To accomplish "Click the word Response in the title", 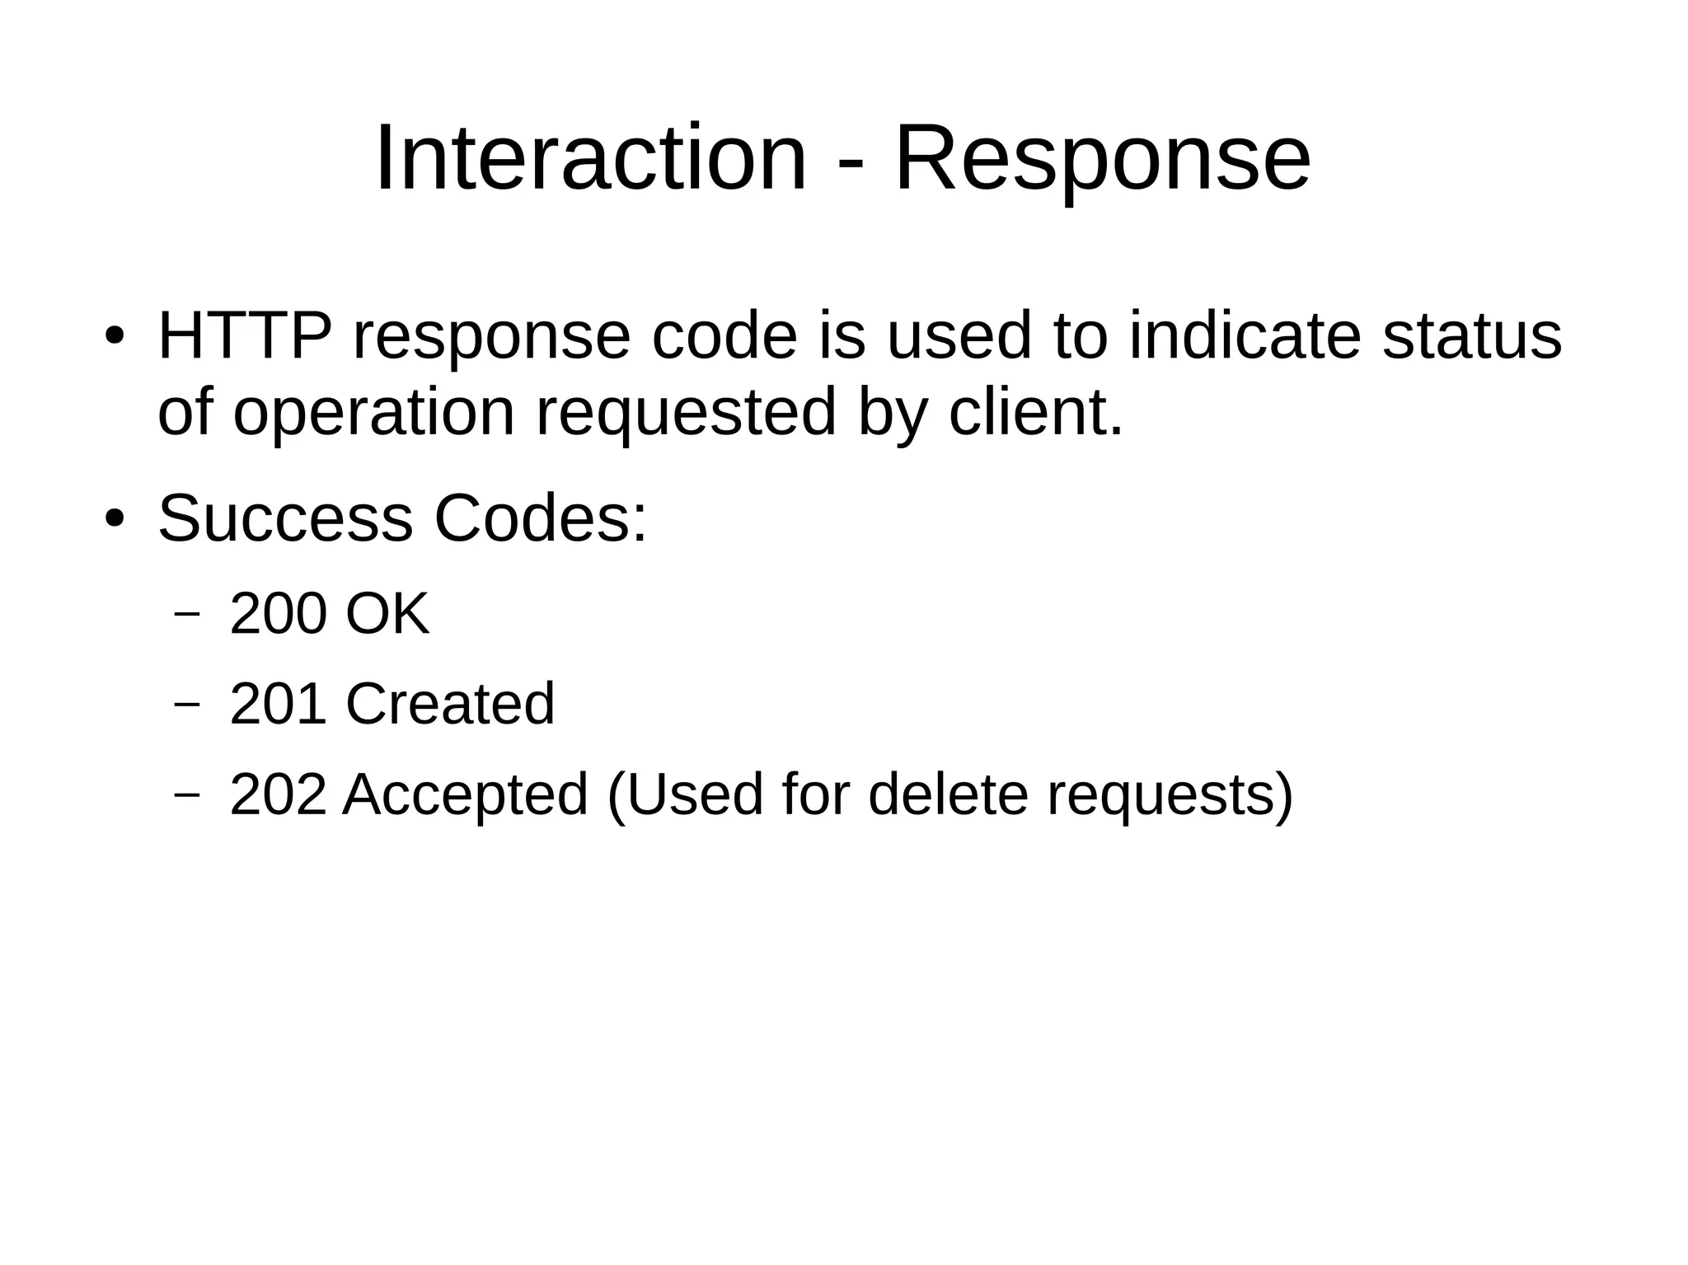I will click(1102, 158).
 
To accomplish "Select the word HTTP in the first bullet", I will click(245, 336).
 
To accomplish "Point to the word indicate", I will click(1244, 336).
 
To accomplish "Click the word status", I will click(1471, 336).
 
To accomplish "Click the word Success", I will click(285, 518).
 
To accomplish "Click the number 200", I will click(279, 614).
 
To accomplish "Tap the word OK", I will click(387, 614).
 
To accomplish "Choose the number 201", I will click(279, 704).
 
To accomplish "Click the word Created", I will click(450, 704).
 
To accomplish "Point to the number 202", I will click(279, 794).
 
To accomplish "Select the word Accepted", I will click(466, 796).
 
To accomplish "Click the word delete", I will click(948, 794).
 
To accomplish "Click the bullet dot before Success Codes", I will click(115, 519).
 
